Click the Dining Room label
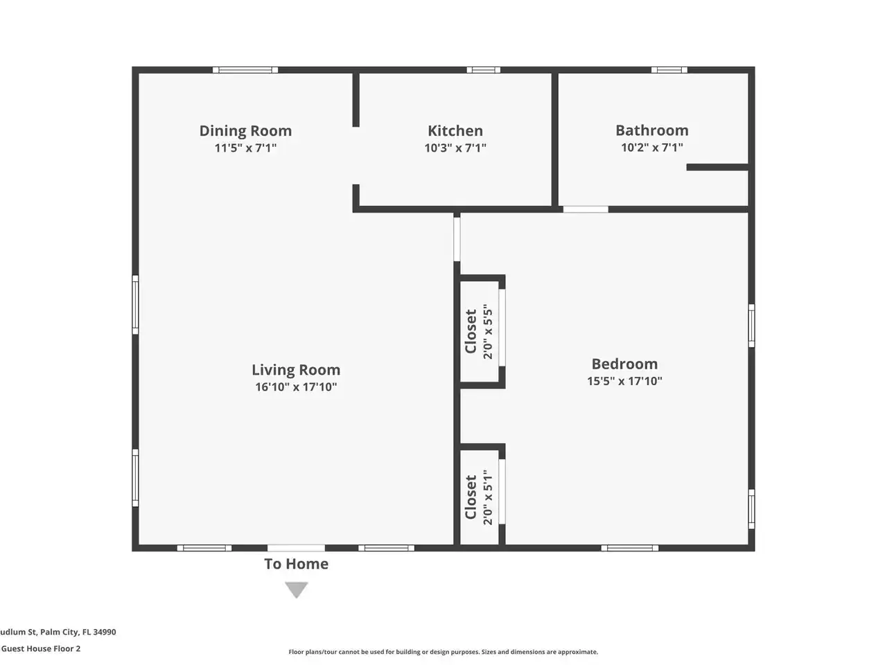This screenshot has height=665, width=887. [245, 131]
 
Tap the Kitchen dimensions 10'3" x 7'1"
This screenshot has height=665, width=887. [455, 148]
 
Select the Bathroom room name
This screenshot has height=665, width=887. [652, 130]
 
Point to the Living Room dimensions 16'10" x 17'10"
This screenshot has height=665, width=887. [296, 387]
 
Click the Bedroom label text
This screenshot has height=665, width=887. [624, 364]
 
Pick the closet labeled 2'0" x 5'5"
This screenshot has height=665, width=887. [480, 332]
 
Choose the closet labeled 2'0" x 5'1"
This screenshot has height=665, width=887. [480, 497]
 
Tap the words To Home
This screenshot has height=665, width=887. [296, 564]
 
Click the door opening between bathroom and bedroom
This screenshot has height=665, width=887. [586, 209]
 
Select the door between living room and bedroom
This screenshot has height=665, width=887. [457, 239]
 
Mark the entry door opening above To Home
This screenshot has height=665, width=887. [296, 548]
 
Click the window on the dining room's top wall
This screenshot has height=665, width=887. [245, 70]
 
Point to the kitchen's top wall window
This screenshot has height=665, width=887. [483, 70]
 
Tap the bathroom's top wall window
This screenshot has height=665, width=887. [669, 70]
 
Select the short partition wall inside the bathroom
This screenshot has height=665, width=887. [717, 167]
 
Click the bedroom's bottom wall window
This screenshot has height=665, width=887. [630, 548]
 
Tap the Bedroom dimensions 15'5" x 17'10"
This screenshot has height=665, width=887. [624, 381]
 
